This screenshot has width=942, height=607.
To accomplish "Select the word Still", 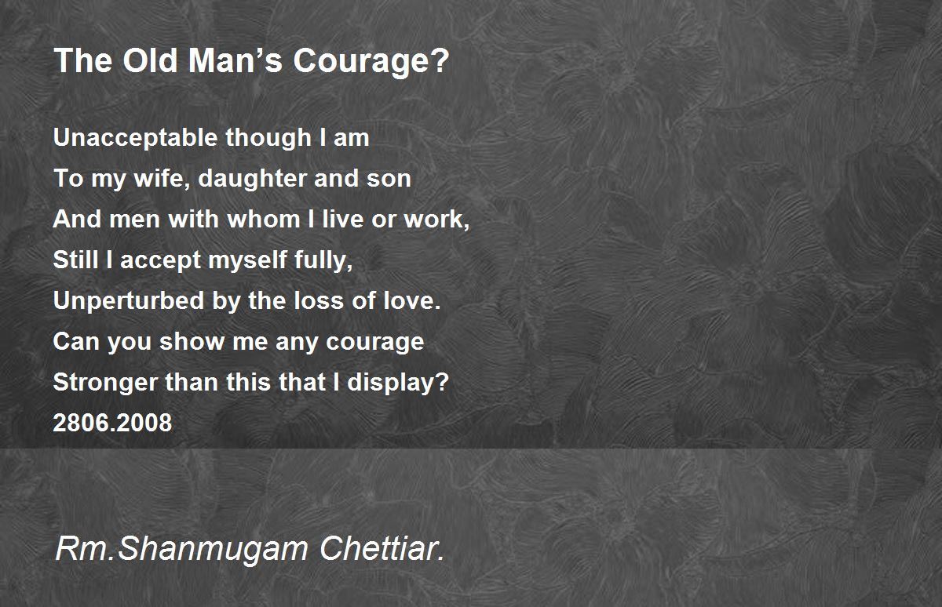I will coord(73,260).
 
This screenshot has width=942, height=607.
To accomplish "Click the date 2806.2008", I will coord(112,423).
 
